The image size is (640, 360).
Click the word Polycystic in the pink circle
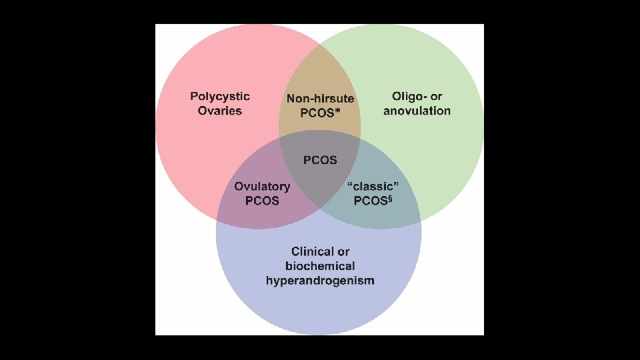pyautogui.click(x=220, y=97)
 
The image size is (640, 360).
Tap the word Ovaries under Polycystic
pyautogui.click(x=220, y=111)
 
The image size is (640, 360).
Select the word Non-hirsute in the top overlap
pyautogui.click(x=320, y=99)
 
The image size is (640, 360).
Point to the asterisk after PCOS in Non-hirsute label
pyautogui.click(x=337, y=111)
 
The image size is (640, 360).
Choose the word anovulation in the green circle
pyautogui.click(x=417, y=111)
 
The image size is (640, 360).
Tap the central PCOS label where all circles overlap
pyautogui.click(x=320, y=160)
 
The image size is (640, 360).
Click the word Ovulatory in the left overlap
pyautogui.click(x=262, y=187)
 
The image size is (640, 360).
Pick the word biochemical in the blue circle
pyautogui.click(x=320, y=266)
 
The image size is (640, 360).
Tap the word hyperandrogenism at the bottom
pyautogui.click(x=320, y=280)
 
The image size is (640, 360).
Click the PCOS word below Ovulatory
pyautogui.click(x=262, y=201)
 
